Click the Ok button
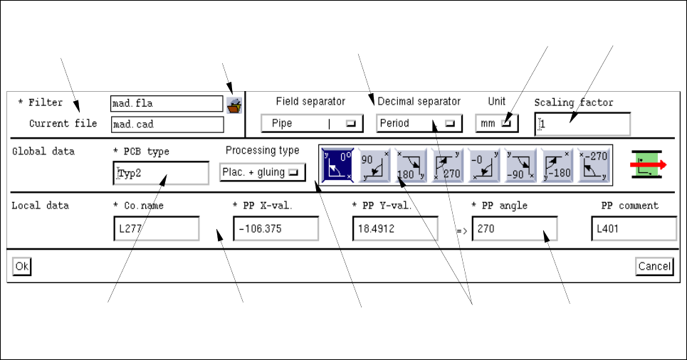click(x=22, y=266)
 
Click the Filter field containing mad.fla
click(x=167, y=104)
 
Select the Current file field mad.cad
click(x=167, y=125)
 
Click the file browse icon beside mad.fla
click(x=234, y=105)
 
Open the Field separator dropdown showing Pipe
click(x=313, y=123)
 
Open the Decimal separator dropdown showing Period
click(x=419, y=123)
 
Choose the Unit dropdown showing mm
click(x=497, y=123)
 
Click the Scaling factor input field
click(x=582, y=125)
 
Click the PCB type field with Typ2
click(x=161, y=173)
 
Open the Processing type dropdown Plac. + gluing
click(x=261, y=172)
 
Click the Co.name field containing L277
click(x=156, y=229)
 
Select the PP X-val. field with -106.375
click(x=276, y=229)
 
